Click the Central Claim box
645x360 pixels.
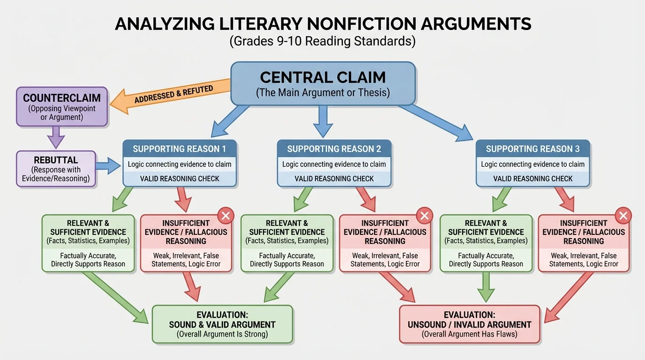click(323, 83)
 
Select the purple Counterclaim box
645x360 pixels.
click(62, 106)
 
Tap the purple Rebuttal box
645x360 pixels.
click(56, 169)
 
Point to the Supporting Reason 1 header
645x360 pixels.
click(180, 149)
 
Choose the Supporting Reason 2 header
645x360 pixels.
click(334, 149)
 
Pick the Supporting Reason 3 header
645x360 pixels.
click(532, 149)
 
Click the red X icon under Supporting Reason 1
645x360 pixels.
click(225, 216)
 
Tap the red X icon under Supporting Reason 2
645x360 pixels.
click(424, 216)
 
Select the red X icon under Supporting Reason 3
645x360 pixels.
click(623, 216)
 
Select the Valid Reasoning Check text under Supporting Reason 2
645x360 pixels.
click(334, 179)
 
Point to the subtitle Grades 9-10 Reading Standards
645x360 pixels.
click(322, 41)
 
